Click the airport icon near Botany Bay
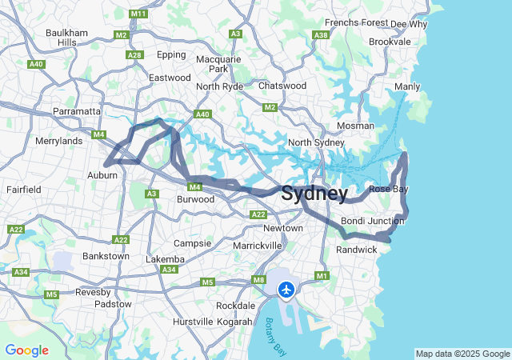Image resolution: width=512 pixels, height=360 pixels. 286,289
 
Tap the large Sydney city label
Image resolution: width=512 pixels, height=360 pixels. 314,194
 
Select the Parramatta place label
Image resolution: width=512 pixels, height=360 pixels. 77,111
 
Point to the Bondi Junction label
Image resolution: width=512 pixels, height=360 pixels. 373,220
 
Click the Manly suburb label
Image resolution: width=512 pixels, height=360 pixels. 407,86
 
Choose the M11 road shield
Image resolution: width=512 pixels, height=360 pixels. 138,14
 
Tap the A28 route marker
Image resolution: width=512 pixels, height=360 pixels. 134,55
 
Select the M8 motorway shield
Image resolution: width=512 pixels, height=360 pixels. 258,279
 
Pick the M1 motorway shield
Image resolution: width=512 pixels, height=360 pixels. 322,276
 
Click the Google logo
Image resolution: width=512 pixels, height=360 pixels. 26,350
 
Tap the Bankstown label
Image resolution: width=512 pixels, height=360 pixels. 106,257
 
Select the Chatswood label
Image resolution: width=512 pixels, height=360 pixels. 282,86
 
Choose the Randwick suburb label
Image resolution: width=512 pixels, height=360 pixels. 356,250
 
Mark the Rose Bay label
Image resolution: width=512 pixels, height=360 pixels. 389,189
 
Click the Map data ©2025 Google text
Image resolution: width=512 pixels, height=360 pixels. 462,354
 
